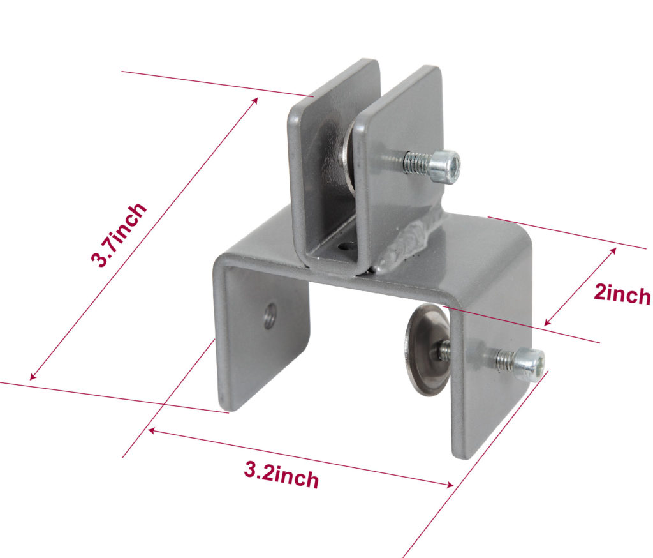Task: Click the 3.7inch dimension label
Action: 120,234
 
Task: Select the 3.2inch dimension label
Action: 281,474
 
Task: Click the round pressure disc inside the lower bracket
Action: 426,349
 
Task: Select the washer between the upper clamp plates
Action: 348,156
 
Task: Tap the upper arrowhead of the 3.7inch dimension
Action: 254,101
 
